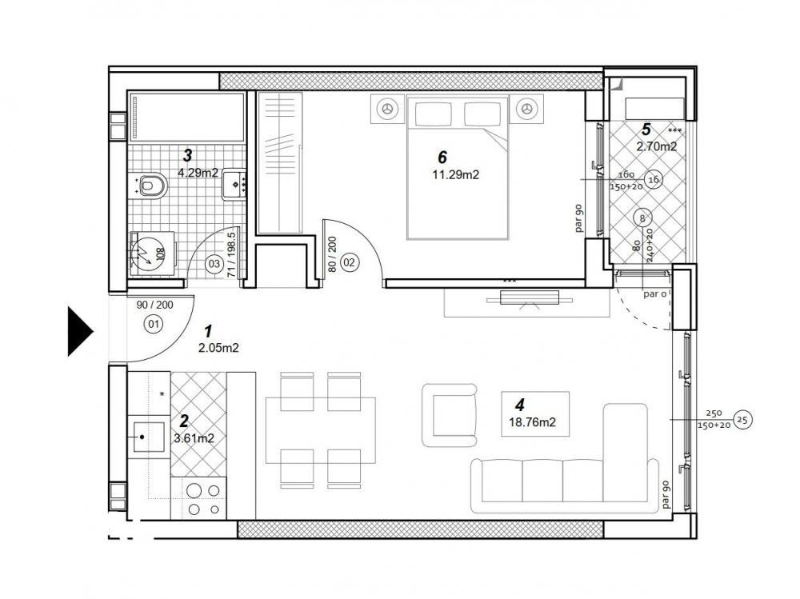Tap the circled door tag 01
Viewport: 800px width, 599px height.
152,324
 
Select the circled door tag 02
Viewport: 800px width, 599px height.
350,262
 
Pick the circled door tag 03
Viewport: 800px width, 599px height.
214,262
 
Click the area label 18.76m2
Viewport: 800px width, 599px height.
534,422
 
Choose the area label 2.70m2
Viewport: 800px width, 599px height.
656,146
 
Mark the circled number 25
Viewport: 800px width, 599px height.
741,419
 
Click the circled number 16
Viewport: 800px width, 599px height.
653,180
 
